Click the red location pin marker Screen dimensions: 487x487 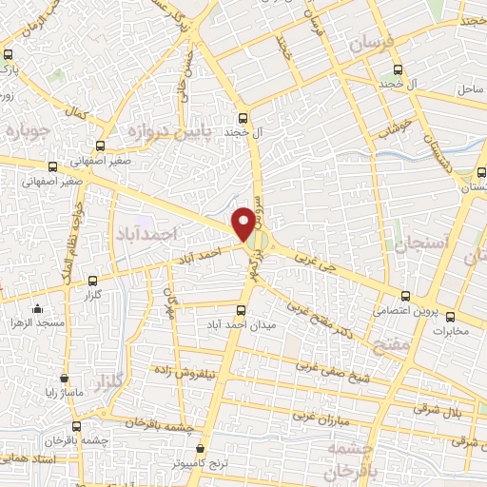point(244,222)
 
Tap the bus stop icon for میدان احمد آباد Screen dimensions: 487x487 point(241,310)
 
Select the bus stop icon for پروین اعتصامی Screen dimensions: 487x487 point(406,296)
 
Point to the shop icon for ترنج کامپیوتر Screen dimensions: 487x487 point(200,448)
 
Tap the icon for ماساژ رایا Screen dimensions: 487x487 point(64,378)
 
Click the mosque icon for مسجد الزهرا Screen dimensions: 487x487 point(37,309)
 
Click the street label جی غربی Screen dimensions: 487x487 point(316,257)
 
